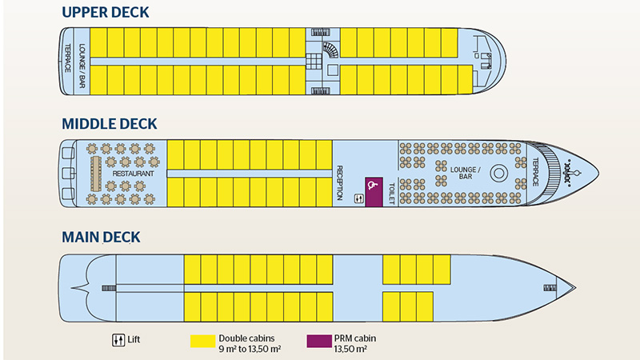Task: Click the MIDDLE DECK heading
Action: [x=109, y=124]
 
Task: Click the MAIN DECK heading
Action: [x=101, y=237]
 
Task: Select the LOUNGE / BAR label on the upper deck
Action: [x=81, y=58]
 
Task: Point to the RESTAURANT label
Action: [x=133, y=173]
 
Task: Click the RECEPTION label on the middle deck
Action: [x=340, y=183]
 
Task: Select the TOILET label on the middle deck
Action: [x=392, y=192]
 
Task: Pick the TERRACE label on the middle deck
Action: [x=536, y=172]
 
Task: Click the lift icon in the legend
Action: [x=118, y=338]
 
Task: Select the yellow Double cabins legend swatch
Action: [x=202, y=339]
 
